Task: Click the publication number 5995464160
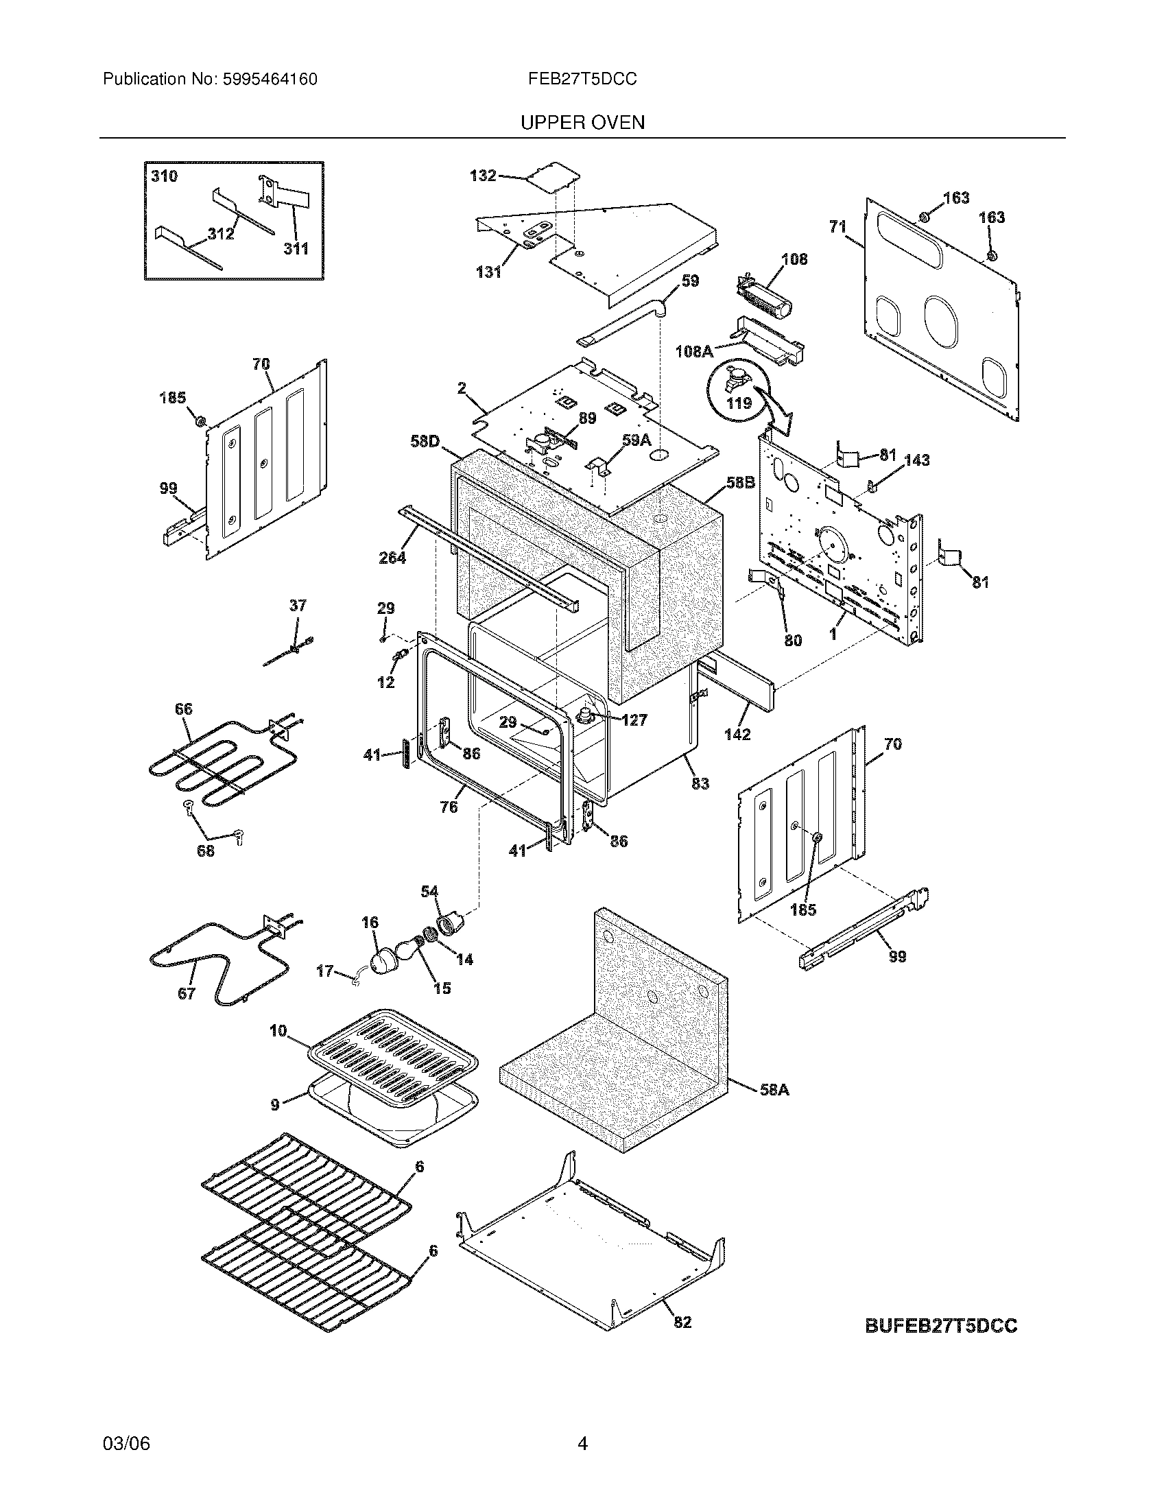pyautogui.click(x=270, y=80)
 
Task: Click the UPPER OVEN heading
pyautogui.click(x=582, y=123)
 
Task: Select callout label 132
pyautogui.click(x=483, y=176)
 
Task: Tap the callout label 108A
pyautogui.click(x=693, y=352)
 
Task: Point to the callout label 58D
pyautogui.click(x=425, y=441)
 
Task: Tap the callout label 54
pyautogui.click(x=429, y=892)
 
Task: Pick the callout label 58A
pyautogui.click(x=774, y=1091)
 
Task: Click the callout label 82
pyautogui.click(x=682, y=1322)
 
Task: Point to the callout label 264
pyautogui.click(x=392, y=557)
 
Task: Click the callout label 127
pyautogui.click(x=634, y=720)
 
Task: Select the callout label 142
pyautogui.click(x=737, y=735)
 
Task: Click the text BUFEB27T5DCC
pyautogui.click(x=941, y=1326)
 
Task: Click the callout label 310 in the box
pyautogui.click(x=164, y=176)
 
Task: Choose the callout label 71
pyautogui.click(x=837, y=226)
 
